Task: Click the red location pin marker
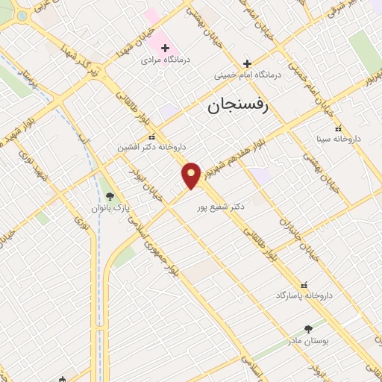(192, 175)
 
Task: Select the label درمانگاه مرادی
(167, 60)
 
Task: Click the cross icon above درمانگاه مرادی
(166, 48)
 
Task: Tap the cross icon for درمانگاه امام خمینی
(247, 63)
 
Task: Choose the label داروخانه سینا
(339, 139)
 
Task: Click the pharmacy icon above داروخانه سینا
(339, 128)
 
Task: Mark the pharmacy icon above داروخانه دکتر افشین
(151, 137)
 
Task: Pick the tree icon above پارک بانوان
(110, 196)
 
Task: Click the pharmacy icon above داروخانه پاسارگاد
(303, 284)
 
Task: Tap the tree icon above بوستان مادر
(308, 328)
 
